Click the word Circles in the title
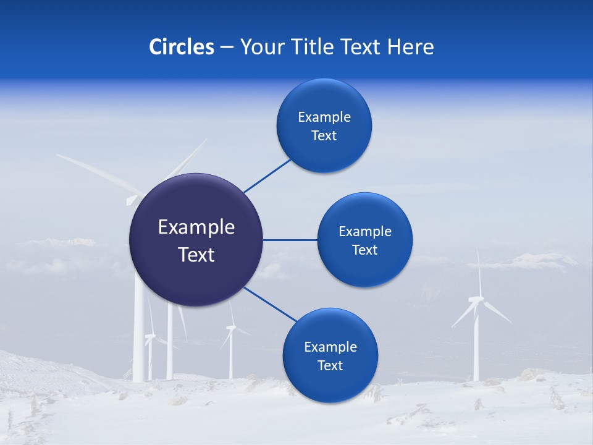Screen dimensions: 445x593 tap(181, 47)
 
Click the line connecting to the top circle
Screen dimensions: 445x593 tap(267, 176)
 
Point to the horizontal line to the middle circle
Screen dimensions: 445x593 tap(290, 240)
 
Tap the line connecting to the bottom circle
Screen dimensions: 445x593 tap(270, 304)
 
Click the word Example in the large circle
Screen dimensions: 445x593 tap(196, 227)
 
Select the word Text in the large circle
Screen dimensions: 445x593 tap(196, 255)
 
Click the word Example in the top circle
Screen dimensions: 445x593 tap(324, 117)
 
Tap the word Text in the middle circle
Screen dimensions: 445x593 tap(364, 250)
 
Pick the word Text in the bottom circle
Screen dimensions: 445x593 tap(330, 365)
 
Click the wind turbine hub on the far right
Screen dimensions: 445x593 tap(476, 300)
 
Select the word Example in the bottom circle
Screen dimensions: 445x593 tap(330, 347)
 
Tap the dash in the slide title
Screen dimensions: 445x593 tap(227, 47)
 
